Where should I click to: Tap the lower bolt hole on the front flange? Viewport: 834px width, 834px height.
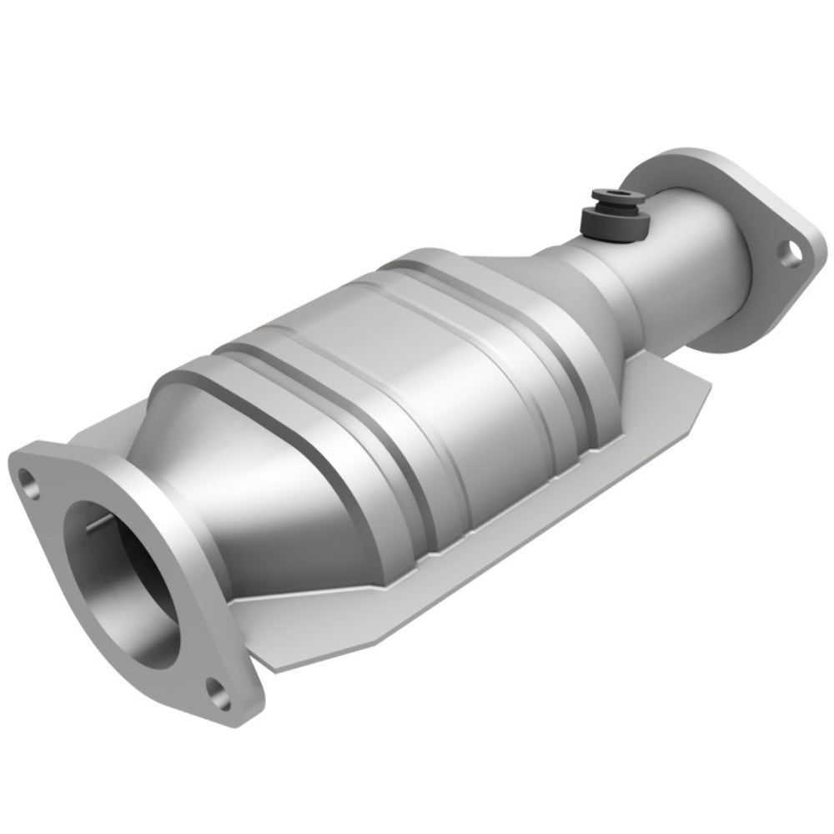click(219, 690)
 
